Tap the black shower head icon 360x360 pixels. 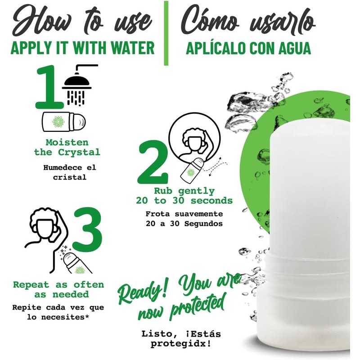click(x=77, y=85)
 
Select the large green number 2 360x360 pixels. click(x=153, y=162)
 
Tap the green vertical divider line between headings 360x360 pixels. click(x=166, y=33)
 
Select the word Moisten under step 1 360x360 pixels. click(x=67, y=142)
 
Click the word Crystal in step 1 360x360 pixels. click(x=79, y=152)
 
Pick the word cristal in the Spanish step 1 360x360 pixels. click(x=70, y=177)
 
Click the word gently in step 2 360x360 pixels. click(x=196, y=191)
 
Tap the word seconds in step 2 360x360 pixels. click(x=211, y=201)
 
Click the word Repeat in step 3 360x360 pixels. click(x=31, y=285)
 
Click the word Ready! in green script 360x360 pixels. click(x=143, y=290)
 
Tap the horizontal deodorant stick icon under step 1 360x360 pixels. click(x=64, y=121)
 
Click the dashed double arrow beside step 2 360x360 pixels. click(x=215, y=167)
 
